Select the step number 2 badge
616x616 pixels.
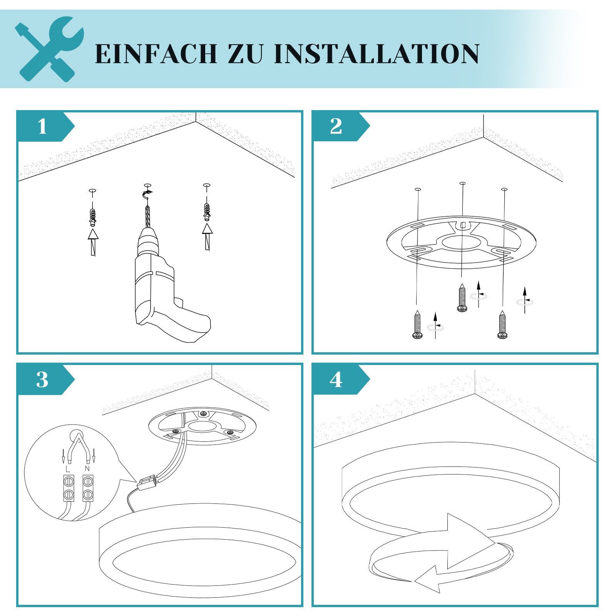pyautogui.click(x=336, y=126)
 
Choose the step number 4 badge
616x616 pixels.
pyautogui.click(x=336, y=380)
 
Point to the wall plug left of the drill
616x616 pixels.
pyautogui.click(x=92, y=218)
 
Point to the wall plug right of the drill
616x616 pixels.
pyautogui.click(x=207, y=212)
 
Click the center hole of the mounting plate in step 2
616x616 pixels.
pyautogui.click(x=461, y=243)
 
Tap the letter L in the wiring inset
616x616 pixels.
pyautogui.click(x=68, y=469)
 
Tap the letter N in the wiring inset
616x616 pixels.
pyautogui.click(x=87, y=469)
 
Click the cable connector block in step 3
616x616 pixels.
pyautogui.click(x=147, y=483)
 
